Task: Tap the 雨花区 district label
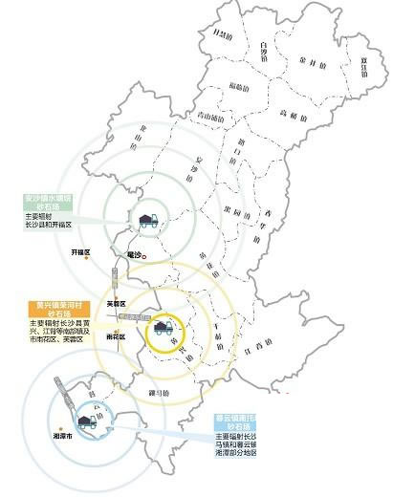[116, 336]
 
